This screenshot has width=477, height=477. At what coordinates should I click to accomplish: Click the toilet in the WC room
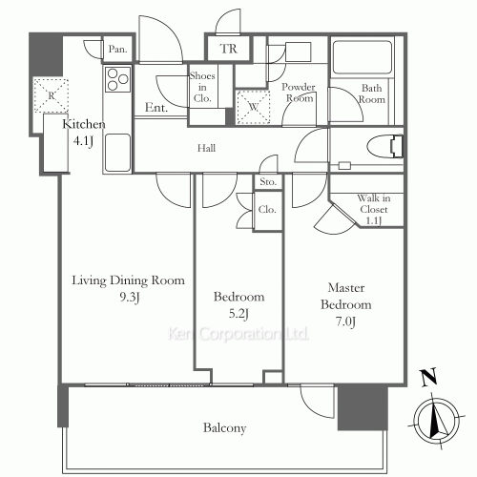click(x=385, y=147)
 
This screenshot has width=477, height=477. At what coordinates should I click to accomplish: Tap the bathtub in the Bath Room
click(x=362, y=57)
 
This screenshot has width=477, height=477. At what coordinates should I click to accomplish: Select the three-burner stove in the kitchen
click(x=117, y=79)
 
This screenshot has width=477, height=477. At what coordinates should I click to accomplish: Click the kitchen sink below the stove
click(x=117, y=153)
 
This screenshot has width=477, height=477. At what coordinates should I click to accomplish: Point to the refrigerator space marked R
click(x=52, y=95)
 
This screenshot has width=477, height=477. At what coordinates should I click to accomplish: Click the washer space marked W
click(x=254, y=107)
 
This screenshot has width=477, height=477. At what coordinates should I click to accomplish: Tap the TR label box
click(x=228, y=49)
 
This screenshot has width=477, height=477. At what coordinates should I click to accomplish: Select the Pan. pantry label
click(x=117, y=49)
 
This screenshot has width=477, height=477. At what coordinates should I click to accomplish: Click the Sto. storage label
click(x=268, y=182)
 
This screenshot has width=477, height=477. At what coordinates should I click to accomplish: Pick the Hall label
click(x=206, y=148)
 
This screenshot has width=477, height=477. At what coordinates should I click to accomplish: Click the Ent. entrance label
click(x=156, y=108)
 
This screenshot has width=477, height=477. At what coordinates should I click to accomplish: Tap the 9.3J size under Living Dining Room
click(x=130, y=298)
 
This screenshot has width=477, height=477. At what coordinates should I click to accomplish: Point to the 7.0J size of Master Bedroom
click(x=345, y=321)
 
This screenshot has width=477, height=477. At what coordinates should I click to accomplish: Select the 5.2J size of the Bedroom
click(x=238, y=314)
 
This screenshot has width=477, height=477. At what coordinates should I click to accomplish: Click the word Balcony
click(x=224, y=428)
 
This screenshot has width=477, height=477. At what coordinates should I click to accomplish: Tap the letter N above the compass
click(x=428, y=378)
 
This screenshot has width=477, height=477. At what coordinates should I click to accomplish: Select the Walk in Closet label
click(x=374, y=209)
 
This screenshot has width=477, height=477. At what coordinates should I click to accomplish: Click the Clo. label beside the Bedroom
click(x=267, y=210)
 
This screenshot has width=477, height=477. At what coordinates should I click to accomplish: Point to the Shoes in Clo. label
click(x=202, y=87)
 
